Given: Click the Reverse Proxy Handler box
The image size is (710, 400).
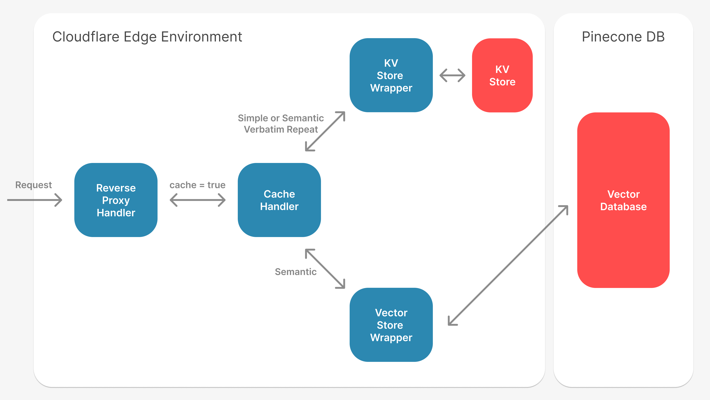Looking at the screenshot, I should click(x=116, y=200).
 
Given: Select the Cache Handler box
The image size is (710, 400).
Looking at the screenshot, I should click(x=279, y=200).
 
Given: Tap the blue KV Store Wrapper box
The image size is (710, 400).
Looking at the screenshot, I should click(x=391, y=75).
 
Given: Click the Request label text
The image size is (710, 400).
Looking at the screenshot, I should click(x=33, y=185).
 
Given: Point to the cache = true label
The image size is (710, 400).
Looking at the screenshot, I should click(x=197, y=185).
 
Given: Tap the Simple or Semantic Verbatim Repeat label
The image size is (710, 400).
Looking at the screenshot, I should click(x=281, y=123).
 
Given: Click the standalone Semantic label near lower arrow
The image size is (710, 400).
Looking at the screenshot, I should click(x=295, y=272).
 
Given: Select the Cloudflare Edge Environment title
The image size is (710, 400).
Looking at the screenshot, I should click(x=147, y=36).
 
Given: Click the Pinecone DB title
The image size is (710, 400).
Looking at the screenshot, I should click(x=623, y=36).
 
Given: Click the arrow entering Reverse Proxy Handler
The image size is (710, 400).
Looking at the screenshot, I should click(x=34, y=200).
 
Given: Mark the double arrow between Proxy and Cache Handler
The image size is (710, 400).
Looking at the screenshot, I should click(x=197, y=200).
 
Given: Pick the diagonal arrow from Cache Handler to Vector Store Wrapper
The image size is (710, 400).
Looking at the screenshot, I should click(x=325, y=269).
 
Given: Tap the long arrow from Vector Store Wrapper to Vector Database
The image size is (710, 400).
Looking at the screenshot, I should click(x=508, y=265).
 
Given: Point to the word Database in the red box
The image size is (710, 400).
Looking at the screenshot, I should click(x=623, y=206).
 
